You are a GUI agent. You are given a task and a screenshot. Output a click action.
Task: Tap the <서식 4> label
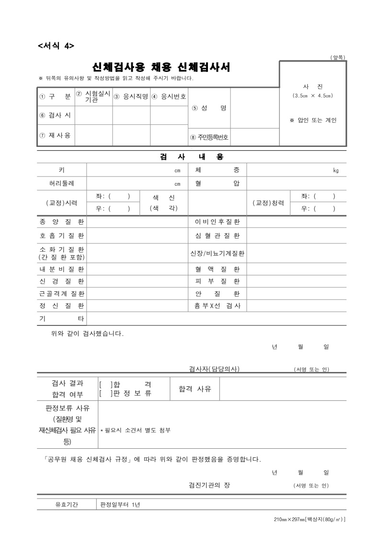click(56, 46)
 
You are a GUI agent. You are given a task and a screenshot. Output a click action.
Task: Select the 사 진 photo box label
click(312, 86)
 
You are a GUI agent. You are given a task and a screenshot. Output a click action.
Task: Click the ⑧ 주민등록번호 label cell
click(210, 137)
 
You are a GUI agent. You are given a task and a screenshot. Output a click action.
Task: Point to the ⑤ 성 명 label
click(209, 108)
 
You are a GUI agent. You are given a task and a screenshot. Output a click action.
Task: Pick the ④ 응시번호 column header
click(169, 96)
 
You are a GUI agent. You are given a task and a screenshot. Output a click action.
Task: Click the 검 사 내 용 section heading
click(191, 157)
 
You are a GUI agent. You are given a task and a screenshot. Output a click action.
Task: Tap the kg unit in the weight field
click(335, 170)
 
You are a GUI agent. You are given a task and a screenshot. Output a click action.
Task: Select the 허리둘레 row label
click(61, 183)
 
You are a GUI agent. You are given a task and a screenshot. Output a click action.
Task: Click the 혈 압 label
click(217, 183)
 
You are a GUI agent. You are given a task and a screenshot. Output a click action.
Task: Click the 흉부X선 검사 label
click(217, 305)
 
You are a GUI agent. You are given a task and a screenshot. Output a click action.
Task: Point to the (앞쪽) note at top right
click(338, 58)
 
